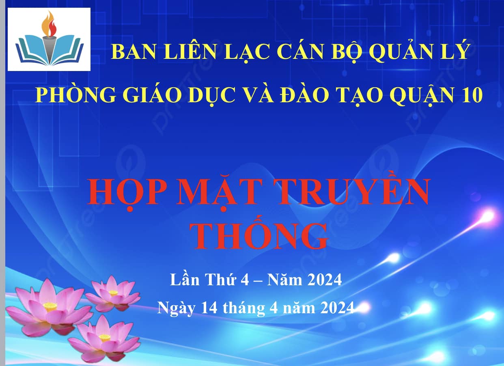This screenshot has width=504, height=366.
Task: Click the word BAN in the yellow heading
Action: (x=134, y=52)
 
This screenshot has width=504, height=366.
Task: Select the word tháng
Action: (x=244, y=309)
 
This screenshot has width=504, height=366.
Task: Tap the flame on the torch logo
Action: (x=49, y=24)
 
